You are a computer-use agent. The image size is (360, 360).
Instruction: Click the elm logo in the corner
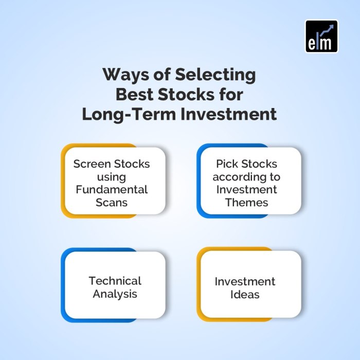pos(321,36)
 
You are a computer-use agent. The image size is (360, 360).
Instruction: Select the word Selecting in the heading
pos(215,75)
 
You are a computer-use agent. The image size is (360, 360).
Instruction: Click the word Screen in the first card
pos(92,164)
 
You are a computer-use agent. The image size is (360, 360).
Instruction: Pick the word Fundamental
pos(112,189)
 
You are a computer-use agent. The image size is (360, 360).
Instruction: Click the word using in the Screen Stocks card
pos(112,177)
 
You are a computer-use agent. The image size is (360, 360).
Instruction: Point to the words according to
pos(246,177)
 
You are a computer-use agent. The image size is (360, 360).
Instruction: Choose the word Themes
pos(247,202)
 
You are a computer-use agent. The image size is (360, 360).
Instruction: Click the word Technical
pos(115,281)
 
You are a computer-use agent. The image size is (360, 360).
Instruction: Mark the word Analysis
pos(115,294)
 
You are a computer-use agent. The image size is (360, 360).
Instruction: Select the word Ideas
pos(245,295)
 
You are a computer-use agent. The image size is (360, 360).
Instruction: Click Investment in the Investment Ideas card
pos(245,281)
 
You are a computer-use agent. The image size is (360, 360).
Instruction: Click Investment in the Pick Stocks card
pos(247,189)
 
